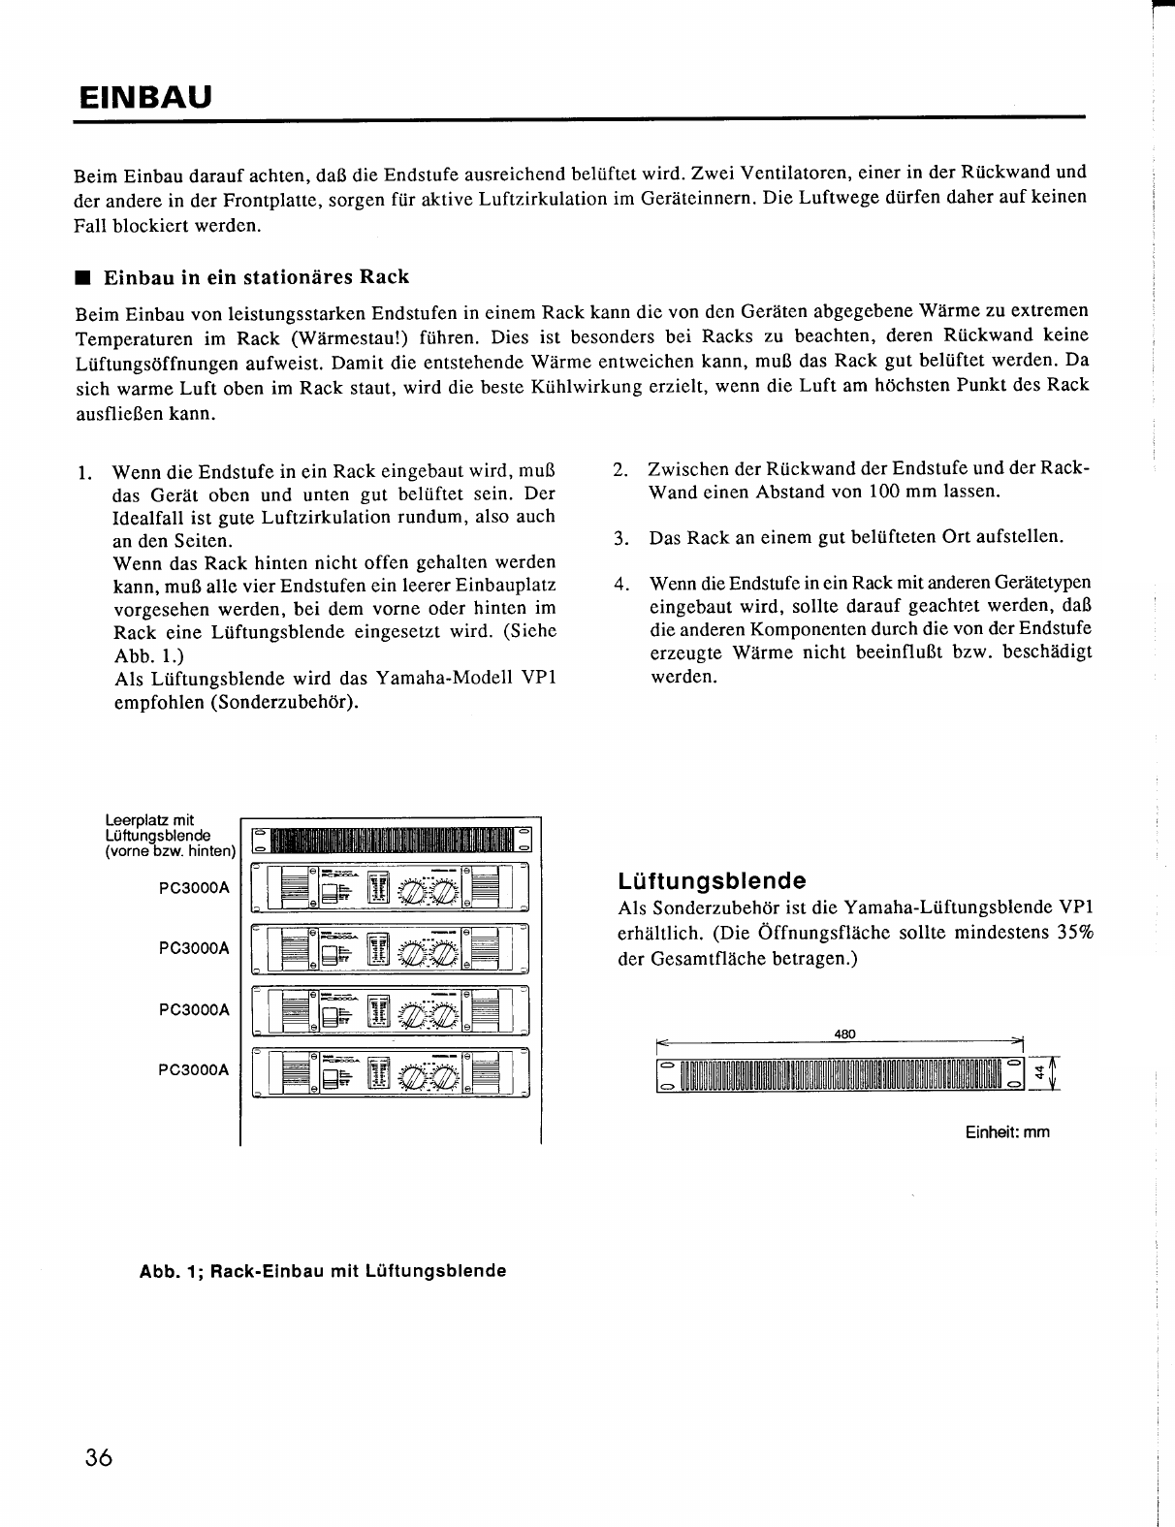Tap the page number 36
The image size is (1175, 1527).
(99, 1457)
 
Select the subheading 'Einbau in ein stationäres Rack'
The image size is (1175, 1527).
(256, 277)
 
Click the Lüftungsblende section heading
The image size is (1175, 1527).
(712, 880)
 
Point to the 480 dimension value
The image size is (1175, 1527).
(843, 1034)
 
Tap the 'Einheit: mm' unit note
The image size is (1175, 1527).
(1007, 1131)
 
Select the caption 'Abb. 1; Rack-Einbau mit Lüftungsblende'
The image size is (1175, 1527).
(323, 1270)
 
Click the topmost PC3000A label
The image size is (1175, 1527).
(194, 887)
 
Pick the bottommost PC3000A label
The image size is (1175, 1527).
(194, 1069)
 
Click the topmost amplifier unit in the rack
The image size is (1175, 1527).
(391, 887)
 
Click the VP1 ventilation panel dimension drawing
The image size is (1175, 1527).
(842, 1073)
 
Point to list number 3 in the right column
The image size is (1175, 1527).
(621, 537)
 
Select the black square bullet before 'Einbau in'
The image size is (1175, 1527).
(83, 279)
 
